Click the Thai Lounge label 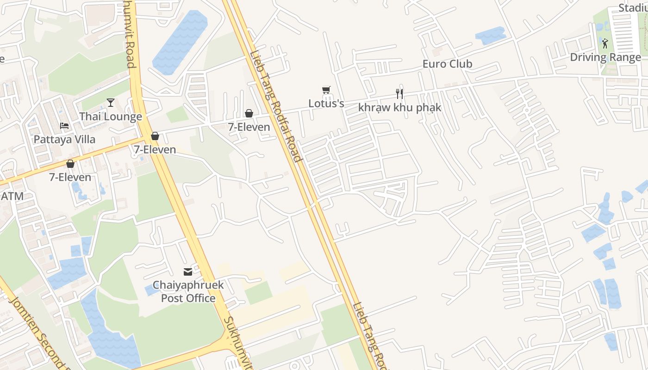(111, 117)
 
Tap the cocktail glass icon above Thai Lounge (111, 102)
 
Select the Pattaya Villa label (64, 139)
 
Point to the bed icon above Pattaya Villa (64, 126)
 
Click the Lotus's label (326, 104)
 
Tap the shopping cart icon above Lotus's (326, 90)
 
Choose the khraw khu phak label (399, 108)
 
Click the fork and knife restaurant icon (399, 94)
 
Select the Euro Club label (447, 64)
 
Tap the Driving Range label (605, 57)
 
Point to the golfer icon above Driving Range (605, 43)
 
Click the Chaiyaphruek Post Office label (188, 291)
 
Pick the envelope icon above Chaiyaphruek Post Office (188, 272)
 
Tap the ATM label (12, 196)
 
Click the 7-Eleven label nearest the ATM (70, 177)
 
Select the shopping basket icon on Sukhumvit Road (155, 136)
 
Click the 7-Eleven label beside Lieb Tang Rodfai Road (249, 127)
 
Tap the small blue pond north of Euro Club (490, 35)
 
